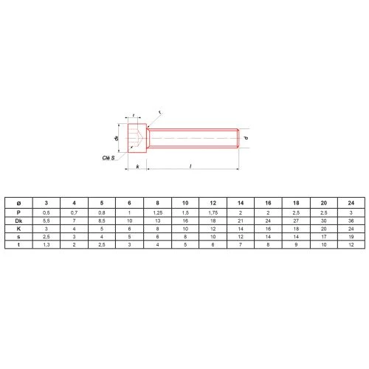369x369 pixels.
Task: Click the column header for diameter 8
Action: click(157, 203)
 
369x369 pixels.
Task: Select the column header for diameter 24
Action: click(351, 203)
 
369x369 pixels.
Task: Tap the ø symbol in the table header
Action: click(18, 203)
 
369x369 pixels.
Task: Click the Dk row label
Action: click(18, 221)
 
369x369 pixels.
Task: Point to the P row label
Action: click(18, 213)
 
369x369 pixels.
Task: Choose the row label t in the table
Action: click(18, 244)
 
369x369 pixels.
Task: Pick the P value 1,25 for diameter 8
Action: click(157, 213)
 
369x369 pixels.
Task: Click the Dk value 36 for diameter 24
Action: click(351, 221)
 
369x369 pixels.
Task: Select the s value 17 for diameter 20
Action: click(324, 237)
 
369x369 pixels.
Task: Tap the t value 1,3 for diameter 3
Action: click(46, 244)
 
